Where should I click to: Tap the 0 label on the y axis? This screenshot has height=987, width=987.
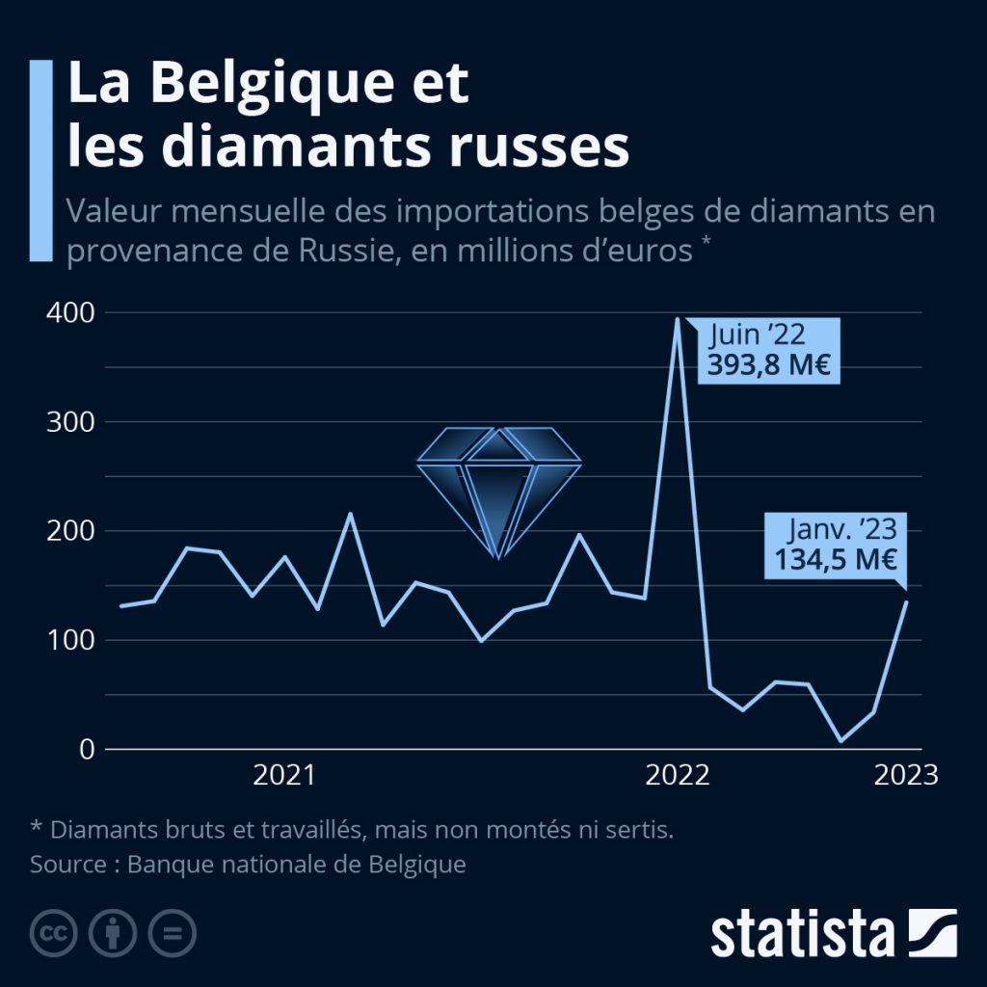click(x=86, y=749)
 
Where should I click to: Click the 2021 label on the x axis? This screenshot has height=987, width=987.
click(x=283, y=776)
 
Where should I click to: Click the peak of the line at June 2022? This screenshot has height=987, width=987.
click(x=678, y=319)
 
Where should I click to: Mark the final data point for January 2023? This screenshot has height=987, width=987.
click(x=906, y=601)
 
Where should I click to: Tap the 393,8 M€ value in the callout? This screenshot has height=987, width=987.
click(x=769, y=365)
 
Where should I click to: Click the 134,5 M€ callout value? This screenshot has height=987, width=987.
click(x=836, y=559)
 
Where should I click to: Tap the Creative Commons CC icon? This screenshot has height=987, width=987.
click(x=54, y=933)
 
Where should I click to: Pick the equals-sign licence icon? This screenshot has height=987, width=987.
click(x=172, y=933)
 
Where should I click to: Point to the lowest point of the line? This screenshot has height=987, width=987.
click(x=840, y=741)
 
